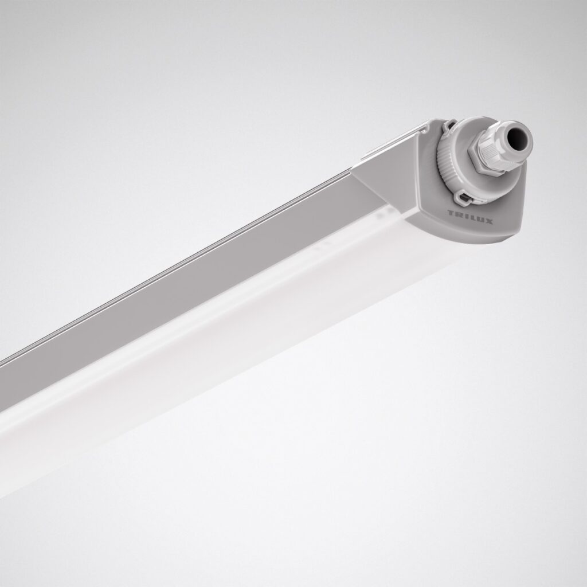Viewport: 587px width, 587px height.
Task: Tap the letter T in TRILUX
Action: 450,213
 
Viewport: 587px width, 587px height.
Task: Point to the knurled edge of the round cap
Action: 444,163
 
